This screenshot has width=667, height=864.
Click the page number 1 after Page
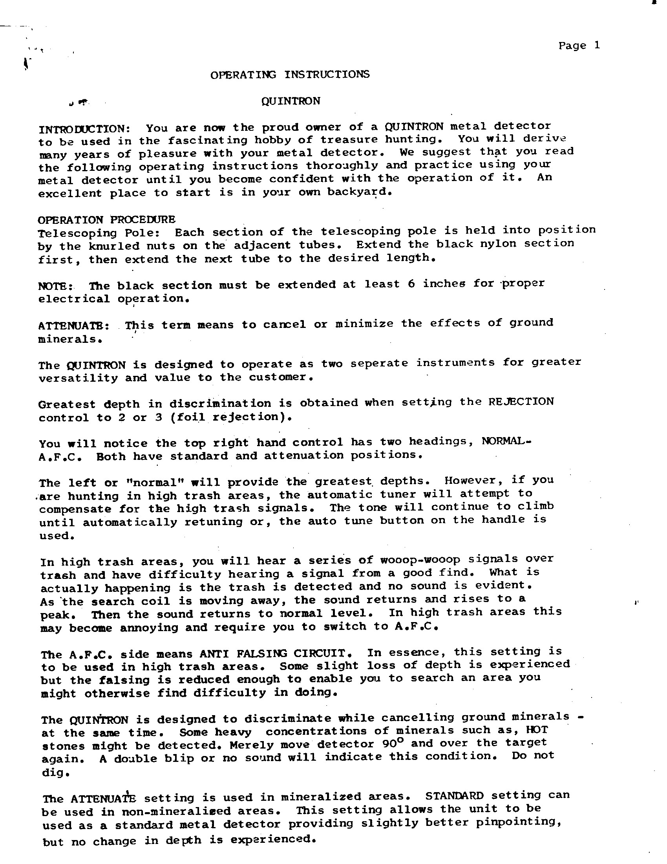click(596, 45)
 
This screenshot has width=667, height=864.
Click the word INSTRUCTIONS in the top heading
click(327, 74)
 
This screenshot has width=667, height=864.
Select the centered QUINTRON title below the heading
click(291, 101)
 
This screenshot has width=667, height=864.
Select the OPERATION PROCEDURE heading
click(106, 219)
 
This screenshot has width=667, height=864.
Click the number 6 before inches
click(411, 284)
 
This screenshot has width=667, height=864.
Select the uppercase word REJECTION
click(521, 401)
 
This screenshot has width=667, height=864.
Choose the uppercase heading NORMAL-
click(506, 441)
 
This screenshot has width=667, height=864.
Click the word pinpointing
click(518, 822)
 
